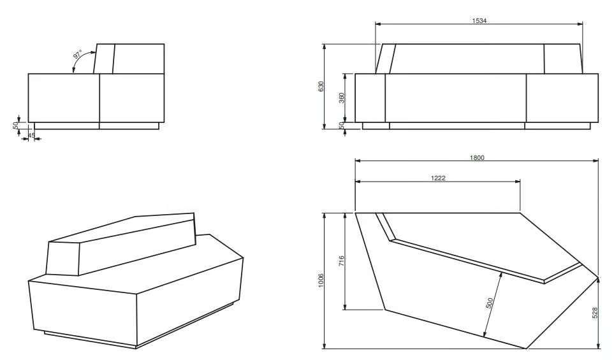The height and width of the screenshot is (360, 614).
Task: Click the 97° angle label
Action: click(x=78, y=54)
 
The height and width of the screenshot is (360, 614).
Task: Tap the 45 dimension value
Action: click(x=32, y=135)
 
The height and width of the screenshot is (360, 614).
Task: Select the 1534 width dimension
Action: click(x=479, y=21)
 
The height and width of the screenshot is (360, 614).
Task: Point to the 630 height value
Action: click(x=321, y=87)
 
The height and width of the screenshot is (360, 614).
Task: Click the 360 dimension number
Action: click(x=342, y=98)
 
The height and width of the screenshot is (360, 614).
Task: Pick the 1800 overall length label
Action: click(x=477, y=157)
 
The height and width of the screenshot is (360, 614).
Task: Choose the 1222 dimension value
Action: click(x=438, y=178)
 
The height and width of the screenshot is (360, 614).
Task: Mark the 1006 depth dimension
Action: click(x=321, y=280)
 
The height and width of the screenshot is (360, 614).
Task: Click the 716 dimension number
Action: click(x=342, y=261)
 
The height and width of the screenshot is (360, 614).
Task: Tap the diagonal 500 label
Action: click(x=490, y=303)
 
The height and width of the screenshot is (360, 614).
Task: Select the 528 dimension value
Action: click(x=595, y=313)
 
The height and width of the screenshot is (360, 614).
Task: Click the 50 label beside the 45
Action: click(x=16, y=126)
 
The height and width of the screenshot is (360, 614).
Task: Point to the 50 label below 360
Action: click(x=342, y=126)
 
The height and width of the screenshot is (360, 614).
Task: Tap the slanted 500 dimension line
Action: click(x=493, y=304)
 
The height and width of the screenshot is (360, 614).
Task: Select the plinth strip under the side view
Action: click(x=96, y=126)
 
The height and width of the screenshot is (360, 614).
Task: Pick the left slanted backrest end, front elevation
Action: click(x=386, y=59)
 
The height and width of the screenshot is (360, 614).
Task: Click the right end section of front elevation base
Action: click(x=562, y=98)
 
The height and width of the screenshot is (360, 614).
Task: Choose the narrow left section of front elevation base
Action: click(x=370, y=98)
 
